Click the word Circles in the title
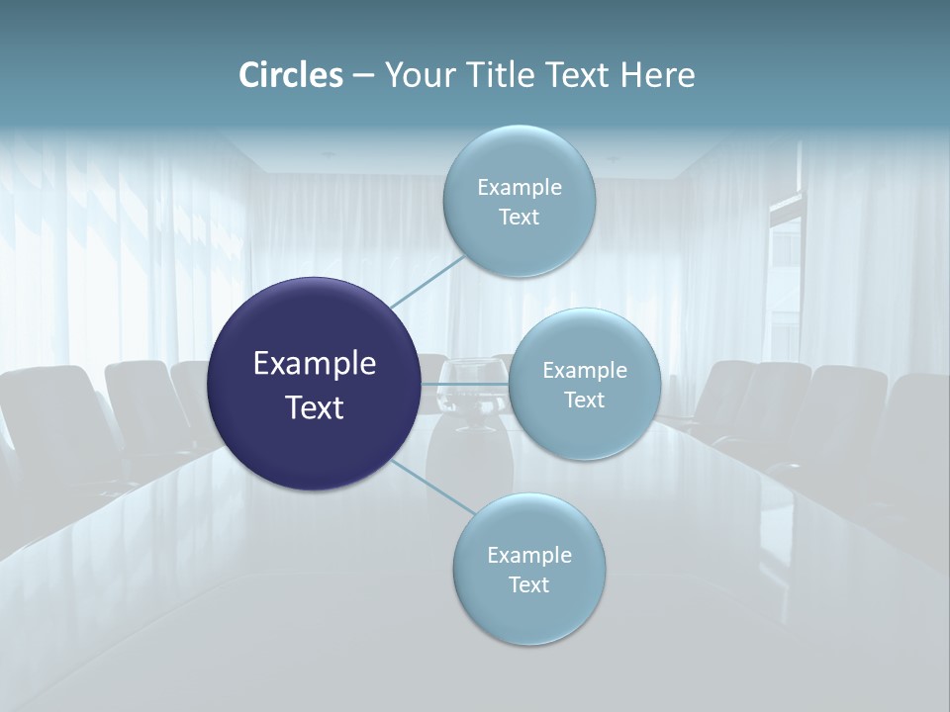(x=291, y=75)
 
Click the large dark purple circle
(x=314, y=384)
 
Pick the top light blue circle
(x=520, y=201)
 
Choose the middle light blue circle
(x=585, y=384)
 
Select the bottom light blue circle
(x=529, y=569)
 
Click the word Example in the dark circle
(x=315, y=363)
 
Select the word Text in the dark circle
(x=315, y=406)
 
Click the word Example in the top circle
(x=520, y=187)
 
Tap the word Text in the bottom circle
(x=529, y=584)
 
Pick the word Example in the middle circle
(x=585, y=370)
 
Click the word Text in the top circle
(x=520, y=217)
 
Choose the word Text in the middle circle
(x=585, y=400)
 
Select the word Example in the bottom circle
(x=529, y=555)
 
